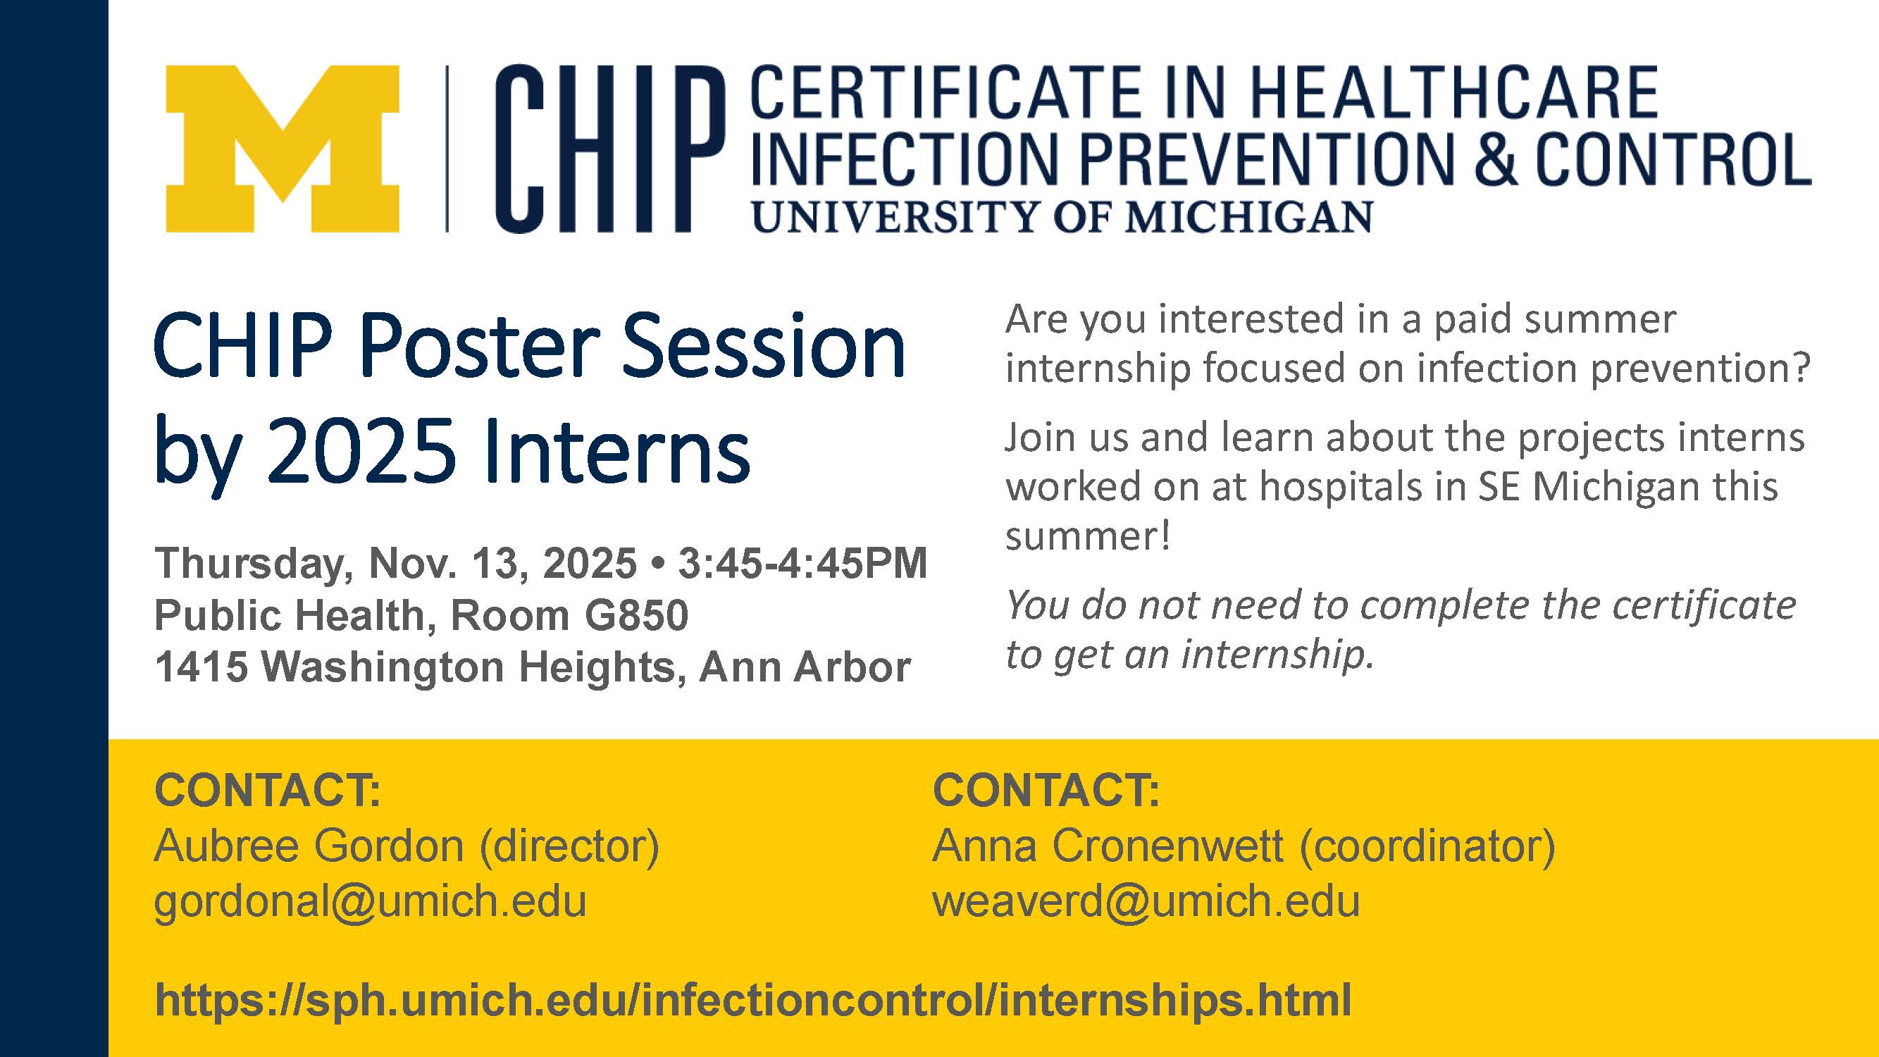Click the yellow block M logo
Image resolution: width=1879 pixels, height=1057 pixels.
click(283, 149)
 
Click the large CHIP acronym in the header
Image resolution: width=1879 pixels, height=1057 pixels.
click(611, 149)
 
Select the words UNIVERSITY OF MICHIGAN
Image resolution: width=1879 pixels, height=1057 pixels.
click(1062, 217)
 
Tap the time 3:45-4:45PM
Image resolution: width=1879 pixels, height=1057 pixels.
click(802, 563)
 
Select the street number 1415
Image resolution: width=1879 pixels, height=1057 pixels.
click(201, 667)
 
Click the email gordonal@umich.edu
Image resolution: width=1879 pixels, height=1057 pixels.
click(371, 902)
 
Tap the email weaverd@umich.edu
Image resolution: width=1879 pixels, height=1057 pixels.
click(1146, 902)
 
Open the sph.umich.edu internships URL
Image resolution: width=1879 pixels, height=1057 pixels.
click(752, 1000)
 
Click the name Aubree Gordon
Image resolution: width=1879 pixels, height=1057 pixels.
click(309, 846)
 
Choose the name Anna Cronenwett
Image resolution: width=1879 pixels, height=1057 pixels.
click(1108, 846)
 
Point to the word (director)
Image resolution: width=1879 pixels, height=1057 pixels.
click(569, 847)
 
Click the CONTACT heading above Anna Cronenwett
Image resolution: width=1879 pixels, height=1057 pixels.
click(1046, 790)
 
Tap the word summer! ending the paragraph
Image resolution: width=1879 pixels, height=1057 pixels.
click(1088, 536)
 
